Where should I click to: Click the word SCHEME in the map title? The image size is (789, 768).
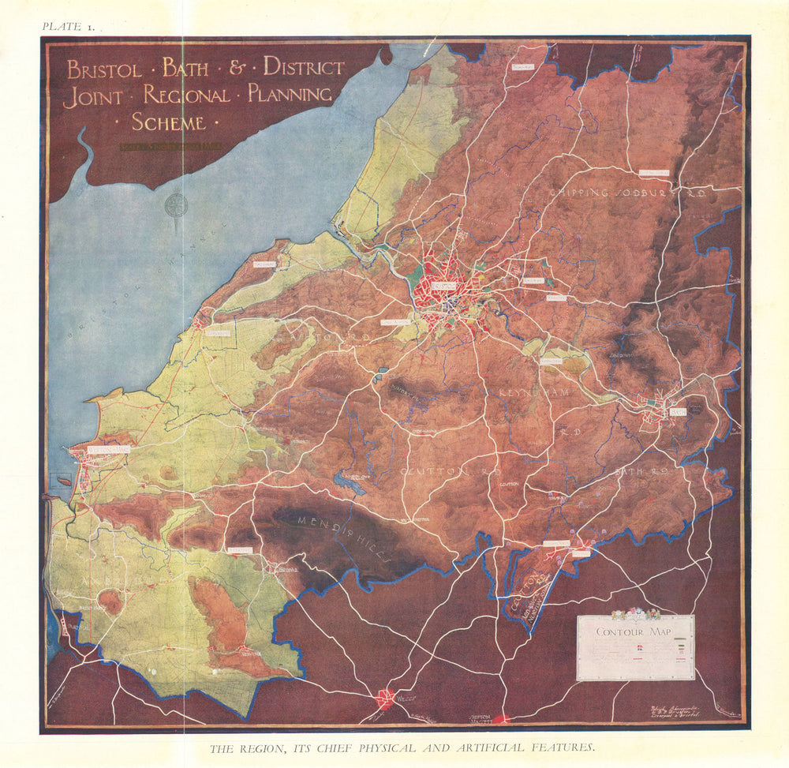tap(169, 122)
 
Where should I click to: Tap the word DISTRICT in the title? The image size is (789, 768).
tap(304, 67)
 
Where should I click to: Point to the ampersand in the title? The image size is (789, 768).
tap(236, 68)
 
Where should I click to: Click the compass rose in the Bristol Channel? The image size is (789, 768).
tap(176, 205)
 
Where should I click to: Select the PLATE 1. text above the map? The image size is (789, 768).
tap(69, 26)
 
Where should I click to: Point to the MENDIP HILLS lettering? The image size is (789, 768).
tap(344, 536)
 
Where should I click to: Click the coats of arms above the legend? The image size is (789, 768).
tap(635, 613)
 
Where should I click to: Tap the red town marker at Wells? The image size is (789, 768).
tap(386, 698)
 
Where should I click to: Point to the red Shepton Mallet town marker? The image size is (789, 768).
tap(503, 719)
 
